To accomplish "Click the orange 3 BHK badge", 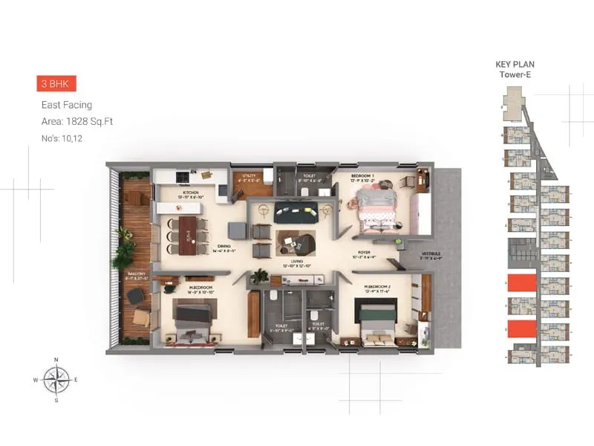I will pos(56,84).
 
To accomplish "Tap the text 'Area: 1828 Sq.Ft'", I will pos(77,121).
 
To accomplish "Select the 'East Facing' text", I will pos(67,106).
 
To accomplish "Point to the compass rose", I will pos(56,379).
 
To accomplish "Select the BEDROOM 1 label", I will pos(363,177).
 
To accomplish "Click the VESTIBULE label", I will pos(431,254).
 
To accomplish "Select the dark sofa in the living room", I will pos(296,213).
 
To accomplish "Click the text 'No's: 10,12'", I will pos(65,138).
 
